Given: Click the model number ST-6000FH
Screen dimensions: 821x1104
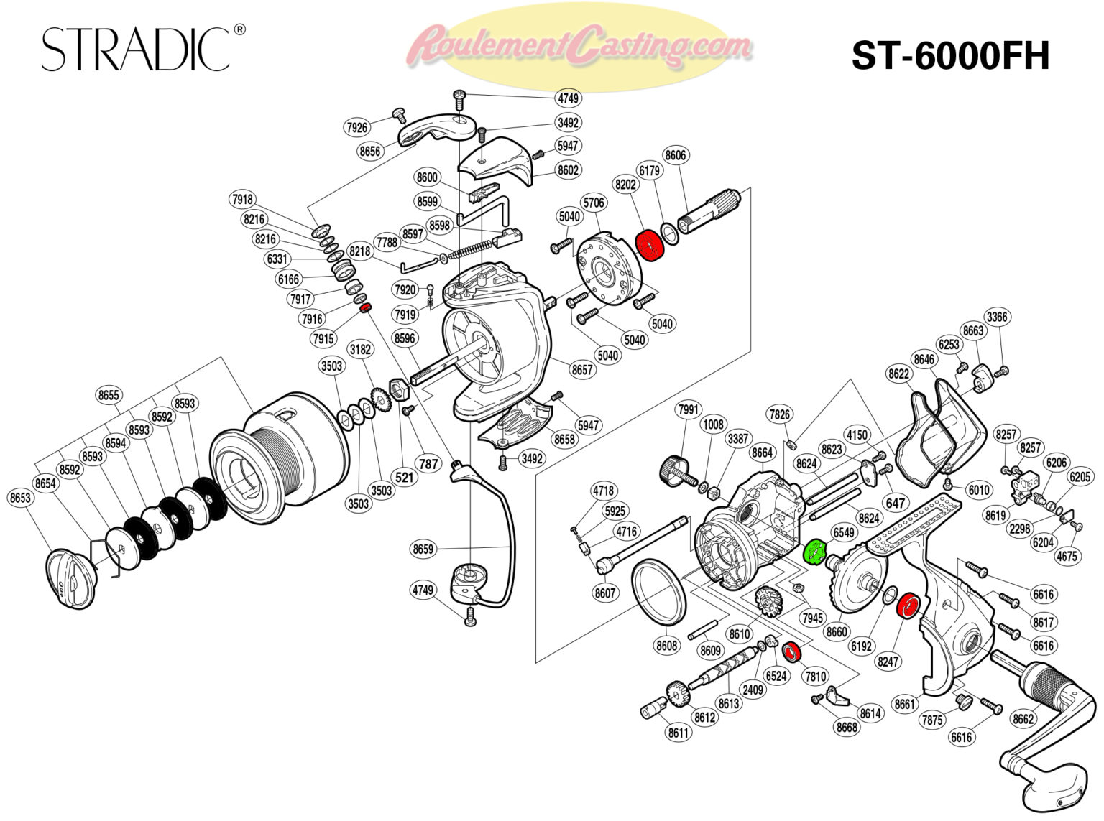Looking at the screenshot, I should pyautogui.click(x=950, y=55).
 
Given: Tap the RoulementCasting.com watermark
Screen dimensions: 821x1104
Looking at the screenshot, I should pyautogui.click(x=579, y=45).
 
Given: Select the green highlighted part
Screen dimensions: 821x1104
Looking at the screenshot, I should pyautogui.click(x=814, y=552).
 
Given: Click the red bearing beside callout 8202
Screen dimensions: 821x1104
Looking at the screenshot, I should pyautogui.click(x=650, y=246).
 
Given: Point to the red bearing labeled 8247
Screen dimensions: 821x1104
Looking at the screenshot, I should pyautogui.click(x=909, y=606).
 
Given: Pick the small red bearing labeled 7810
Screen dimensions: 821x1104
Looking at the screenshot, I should pyautogui.click(x=791, y=652).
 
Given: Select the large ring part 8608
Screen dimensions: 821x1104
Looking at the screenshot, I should pyautogui.click(x=658, y=590).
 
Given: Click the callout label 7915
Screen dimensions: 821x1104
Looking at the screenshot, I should pyautogui.click(x=323, y=338).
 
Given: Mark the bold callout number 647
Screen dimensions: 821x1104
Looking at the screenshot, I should pyautogui.click(x=895, y=503).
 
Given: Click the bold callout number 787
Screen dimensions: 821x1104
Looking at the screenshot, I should pyautogui.click(x=428, y=463).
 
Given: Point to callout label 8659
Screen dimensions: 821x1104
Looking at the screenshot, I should pyautogui.click(x=423, y=549).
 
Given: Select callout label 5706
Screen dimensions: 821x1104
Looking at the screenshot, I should pyautogui.click(x=594, y=203).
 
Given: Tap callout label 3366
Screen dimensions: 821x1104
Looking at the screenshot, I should pyautogui.click(x=997, y=317).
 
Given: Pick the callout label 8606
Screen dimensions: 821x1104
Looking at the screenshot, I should pyautogui.click(x=676, y=155).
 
